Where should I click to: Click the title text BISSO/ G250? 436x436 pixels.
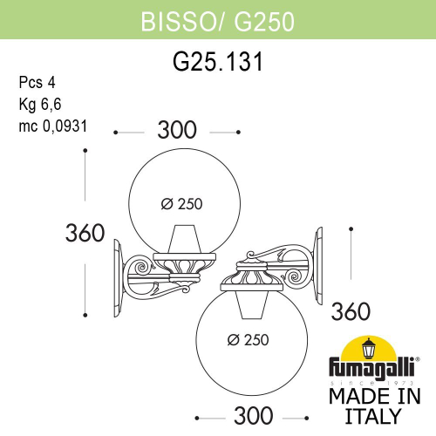[x=217, y=18]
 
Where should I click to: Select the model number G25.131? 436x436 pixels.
[x=217, y=62]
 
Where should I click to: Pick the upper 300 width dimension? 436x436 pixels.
[x=178, y=132]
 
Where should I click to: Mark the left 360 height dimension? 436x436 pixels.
[x=85, y=233]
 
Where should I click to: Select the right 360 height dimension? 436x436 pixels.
[x=351, y=310]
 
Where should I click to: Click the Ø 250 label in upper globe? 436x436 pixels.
[x=181, y=204]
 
